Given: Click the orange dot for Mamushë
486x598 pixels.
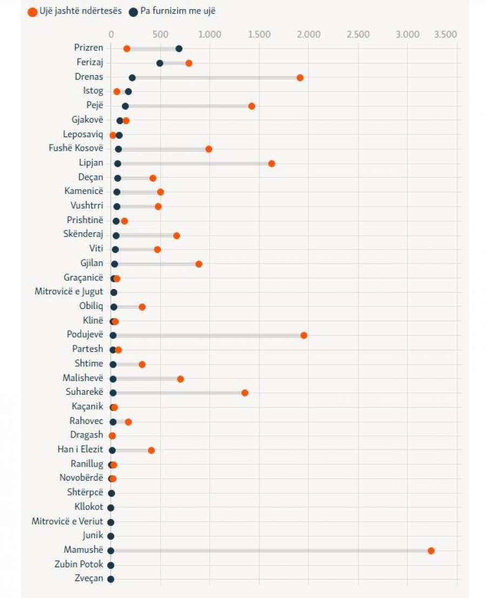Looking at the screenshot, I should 431,550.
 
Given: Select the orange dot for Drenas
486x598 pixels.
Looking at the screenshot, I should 300,77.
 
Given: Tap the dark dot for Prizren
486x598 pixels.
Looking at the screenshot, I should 179,49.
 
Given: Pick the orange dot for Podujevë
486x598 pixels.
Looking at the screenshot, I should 304,335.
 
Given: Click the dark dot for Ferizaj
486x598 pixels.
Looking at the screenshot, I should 160,63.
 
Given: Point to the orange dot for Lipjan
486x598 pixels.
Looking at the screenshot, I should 272,163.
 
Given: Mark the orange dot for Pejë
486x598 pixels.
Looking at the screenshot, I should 252,106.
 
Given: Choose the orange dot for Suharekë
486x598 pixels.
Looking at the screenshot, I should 245,392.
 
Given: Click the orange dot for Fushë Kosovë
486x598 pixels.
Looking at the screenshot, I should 209,149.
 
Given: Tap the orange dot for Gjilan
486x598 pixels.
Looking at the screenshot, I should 199,264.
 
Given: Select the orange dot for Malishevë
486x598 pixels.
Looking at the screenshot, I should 180,378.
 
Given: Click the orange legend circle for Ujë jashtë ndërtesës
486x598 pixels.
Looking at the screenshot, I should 32,11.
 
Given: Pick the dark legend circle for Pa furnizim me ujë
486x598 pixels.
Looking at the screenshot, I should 133,11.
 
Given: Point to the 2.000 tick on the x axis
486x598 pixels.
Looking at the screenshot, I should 309,35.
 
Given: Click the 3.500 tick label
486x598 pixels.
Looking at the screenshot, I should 446,35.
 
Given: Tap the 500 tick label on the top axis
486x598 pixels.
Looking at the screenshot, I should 160,35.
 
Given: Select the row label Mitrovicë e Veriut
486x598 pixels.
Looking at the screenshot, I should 67,521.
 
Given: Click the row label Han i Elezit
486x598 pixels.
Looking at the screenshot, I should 80,449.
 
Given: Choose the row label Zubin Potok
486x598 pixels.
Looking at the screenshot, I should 78,565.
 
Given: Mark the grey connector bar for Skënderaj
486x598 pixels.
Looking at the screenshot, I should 146,235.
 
